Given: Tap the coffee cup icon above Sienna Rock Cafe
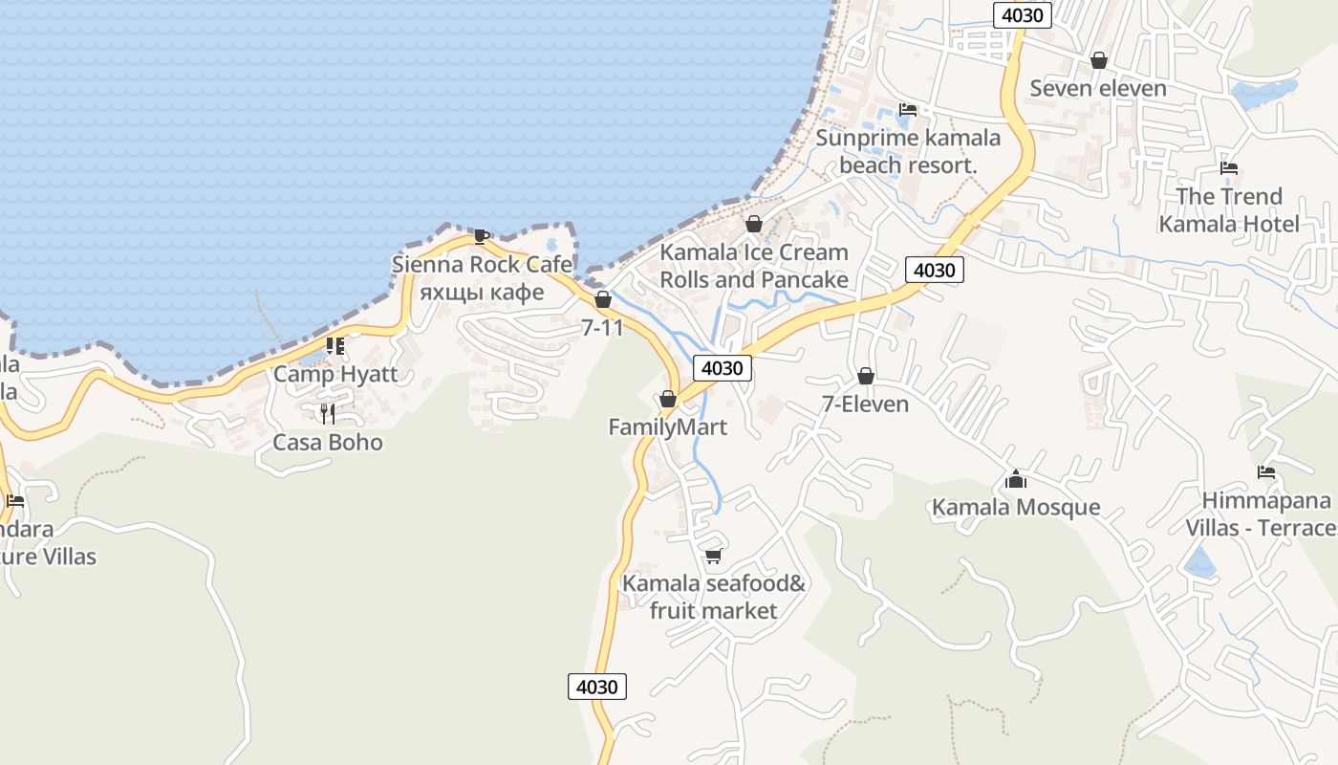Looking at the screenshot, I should point(482,236).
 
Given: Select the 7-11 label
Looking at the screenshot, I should point(602,328).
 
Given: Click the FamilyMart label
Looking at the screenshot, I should point(667,427).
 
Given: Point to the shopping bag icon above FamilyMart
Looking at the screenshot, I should point(668,399).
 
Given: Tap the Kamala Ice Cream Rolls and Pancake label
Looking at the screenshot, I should point(754,266).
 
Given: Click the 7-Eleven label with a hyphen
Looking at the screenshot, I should point(865,404).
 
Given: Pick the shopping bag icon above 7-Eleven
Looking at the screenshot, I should point(866,376).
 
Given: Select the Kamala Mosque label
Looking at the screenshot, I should point(1016,507).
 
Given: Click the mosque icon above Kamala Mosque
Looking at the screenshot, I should point(1016,478).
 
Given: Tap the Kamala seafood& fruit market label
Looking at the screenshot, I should point(714,597).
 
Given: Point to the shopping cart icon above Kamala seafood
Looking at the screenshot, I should point(713,556).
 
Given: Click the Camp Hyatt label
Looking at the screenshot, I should point(335,374).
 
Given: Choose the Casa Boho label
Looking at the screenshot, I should point(328,443).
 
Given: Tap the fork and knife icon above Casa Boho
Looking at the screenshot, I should point(328,413).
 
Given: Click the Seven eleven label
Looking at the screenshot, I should point(1098,89).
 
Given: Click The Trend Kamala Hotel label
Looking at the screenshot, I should point(1229,210).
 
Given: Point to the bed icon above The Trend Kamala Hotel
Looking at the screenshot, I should point(1229,168).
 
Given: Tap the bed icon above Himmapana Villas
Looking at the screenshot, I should point(1266,472).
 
